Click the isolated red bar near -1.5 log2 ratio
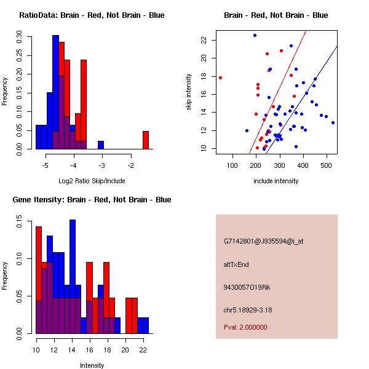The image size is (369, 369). click(146, 140)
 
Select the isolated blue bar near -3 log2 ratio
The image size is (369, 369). click(100, 145)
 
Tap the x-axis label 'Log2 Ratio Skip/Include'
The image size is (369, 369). click(92, 181)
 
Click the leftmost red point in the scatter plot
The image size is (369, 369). click(220, 77)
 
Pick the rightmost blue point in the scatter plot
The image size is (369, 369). click(333, 122)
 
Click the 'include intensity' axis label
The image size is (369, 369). click(276, 181)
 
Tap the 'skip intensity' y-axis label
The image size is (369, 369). click(190, 92)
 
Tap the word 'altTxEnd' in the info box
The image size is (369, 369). click(237, 264)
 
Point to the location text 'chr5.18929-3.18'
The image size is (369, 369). click(248, 309)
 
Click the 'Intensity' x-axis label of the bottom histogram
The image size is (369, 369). click(92, 365)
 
